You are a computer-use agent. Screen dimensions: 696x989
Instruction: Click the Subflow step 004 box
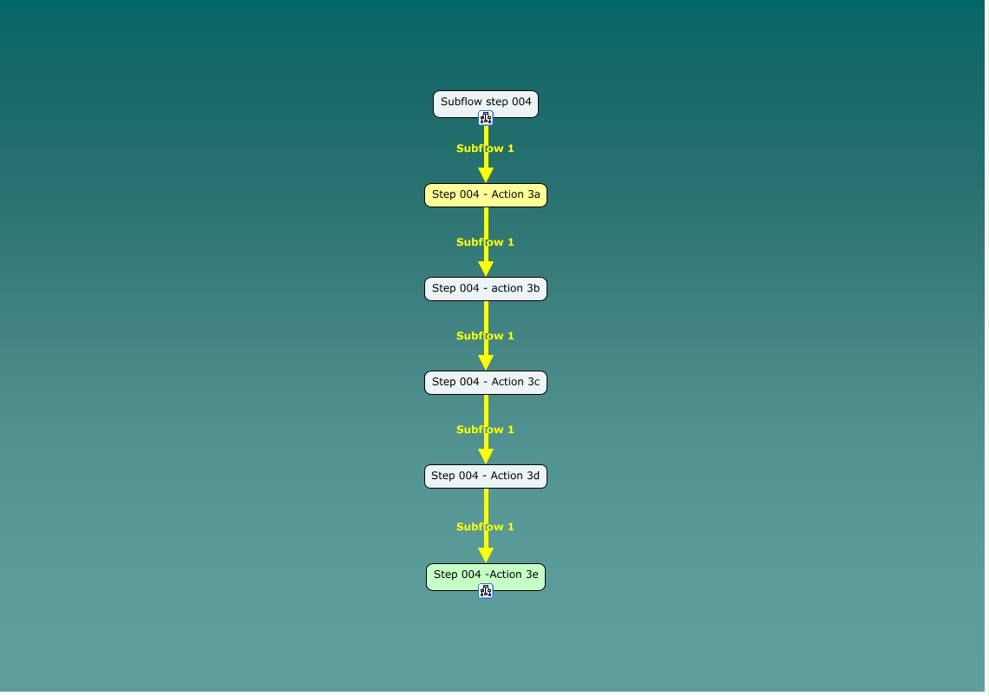click(486, 102)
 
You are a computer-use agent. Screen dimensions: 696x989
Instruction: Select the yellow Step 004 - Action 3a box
click(486, 195)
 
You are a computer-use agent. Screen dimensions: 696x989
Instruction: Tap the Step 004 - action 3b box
click(486, 289)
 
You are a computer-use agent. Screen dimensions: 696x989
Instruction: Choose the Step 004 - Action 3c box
click(486, 383)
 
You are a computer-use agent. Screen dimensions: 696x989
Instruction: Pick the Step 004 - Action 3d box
click(486, 476)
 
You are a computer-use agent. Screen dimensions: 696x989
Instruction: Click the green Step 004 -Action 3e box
click(486, 575)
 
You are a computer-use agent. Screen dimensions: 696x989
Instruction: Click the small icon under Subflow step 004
click(486, 118)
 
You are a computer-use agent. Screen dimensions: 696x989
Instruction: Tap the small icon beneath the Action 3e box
click(486, 591)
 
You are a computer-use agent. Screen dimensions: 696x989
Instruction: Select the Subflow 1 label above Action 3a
click(486, 148)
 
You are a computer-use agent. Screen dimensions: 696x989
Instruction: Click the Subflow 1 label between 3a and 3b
click(486, 242)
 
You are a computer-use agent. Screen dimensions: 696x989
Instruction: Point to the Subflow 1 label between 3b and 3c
click(486, 336)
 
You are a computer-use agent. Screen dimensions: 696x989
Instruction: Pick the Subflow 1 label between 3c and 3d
click(486, 430)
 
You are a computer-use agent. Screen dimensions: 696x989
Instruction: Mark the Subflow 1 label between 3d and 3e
click(486, 527)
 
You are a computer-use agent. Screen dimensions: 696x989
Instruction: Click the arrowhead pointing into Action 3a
click(486, 175)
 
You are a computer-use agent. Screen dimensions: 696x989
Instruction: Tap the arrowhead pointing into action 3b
click(486, 269)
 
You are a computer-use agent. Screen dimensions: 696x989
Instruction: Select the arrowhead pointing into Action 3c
click(486, 363)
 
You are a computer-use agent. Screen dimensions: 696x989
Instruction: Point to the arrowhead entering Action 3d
click(486, 456)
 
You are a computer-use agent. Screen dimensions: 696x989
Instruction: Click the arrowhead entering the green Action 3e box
click(486, 555)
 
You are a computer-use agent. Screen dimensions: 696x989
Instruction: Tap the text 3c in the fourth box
click(533, 383)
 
